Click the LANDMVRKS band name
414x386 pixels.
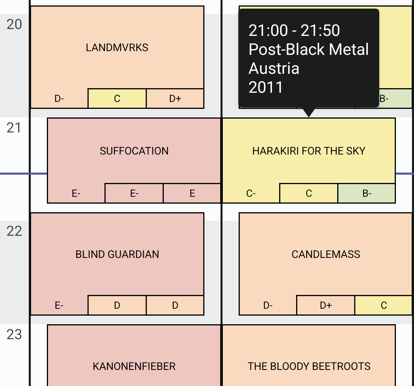pyautogui.click(x=117, y=47)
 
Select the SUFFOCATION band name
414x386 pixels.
pyautogui.click(x=134, y=151)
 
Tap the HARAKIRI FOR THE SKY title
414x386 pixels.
pyautogui.click(x=309, y=151)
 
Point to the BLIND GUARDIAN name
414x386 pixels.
pyautogui.click(x=117, y=254)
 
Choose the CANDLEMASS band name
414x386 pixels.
pyautogui.click(x=326, y=254)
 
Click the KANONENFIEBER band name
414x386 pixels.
pyautogui.click(x=134, y=366)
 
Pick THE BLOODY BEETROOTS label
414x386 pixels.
pyautogui.click(x=309, y=366)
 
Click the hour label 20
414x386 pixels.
pyautogui.click(x=14, y=24)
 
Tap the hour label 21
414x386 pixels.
pyautogui.click(x=14, y=128)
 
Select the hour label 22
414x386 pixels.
pyautogui.click(x=14, y=231)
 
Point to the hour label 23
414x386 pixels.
pyautogui.click(x=14, y=335)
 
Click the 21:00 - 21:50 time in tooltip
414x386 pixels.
pyautogui.click(x=294, y=30)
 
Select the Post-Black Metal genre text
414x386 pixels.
pyautogui.click(x=308, y=49)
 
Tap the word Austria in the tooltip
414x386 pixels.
pyautogui.click(x=274, y=68)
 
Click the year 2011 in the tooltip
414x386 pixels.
pyautogui.click(x=266, y=87)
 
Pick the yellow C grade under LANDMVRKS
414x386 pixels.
pyautogui.click(x=117, y=98)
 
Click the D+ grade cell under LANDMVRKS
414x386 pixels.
pyautogui.click(x=175, y=98)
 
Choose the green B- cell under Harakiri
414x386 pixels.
pyautogui.click(x=367, y=193)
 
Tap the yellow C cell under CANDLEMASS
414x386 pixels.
pyautogui.click(x=384, y=305)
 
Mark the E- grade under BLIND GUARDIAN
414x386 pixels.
pyautogui.click(x=59, y=305)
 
